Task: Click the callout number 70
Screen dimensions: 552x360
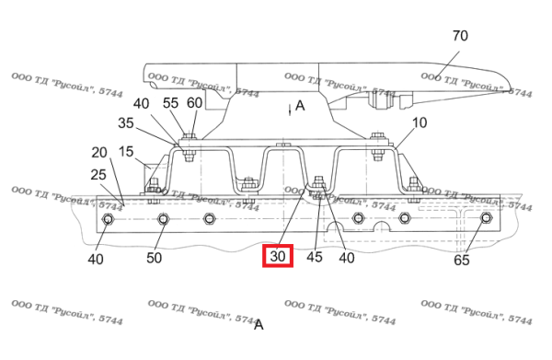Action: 460,36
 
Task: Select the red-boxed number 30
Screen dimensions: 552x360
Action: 278,256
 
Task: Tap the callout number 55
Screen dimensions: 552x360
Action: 170,103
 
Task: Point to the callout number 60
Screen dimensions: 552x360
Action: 194,103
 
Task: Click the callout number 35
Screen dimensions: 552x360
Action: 126,123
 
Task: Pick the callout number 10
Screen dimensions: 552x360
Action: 420,122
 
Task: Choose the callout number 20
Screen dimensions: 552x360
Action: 99,153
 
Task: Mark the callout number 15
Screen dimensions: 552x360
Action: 126,152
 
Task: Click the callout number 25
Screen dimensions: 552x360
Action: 98,174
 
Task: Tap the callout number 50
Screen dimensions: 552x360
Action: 154,258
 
